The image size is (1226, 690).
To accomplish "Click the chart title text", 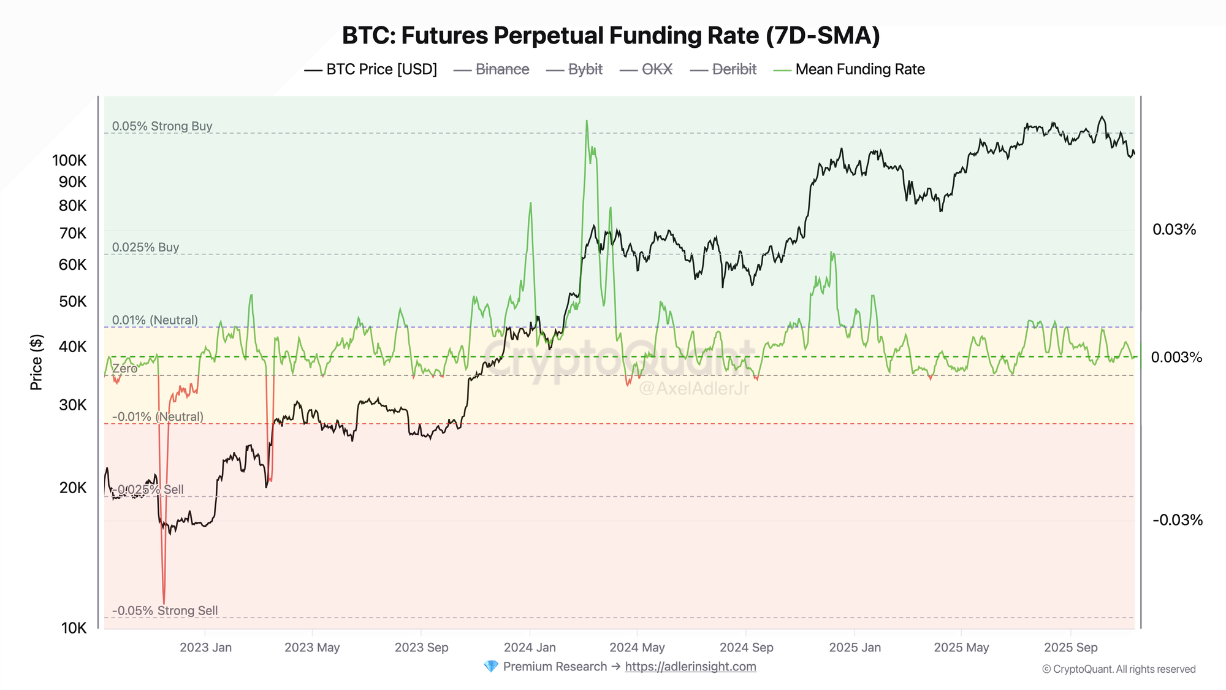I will (x=611, y=36).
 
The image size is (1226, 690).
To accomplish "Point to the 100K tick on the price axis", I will (x=69, y=161).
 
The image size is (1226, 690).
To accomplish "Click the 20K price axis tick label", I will (x=73, y=488).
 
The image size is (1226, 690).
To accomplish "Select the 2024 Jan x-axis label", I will (x=530, y=648).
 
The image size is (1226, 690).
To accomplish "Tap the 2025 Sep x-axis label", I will (x=1070, y=648).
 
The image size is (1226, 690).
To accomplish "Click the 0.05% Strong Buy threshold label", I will (x=162, y=126).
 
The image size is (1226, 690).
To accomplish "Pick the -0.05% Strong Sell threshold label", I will (x=165, y=611).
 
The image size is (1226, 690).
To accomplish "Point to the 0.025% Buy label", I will (x=145, y=247).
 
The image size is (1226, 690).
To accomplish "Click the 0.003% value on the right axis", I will (x=1176, y=358).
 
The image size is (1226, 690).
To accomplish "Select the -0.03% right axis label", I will (x=1177, y=521).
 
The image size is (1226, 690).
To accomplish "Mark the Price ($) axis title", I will (x=37, y=362).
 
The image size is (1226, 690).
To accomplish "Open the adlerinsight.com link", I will (x=690, y=667).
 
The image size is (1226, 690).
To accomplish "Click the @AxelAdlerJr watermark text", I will (x=693, y=388).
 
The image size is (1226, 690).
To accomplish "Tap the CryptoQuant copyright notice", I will (x=1119, y=669).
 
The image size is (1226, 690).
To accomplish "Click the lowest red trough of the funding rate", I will (x=164, y=603).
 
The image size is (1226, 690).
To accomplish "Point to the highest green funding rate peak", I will (x=587, y=121).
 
